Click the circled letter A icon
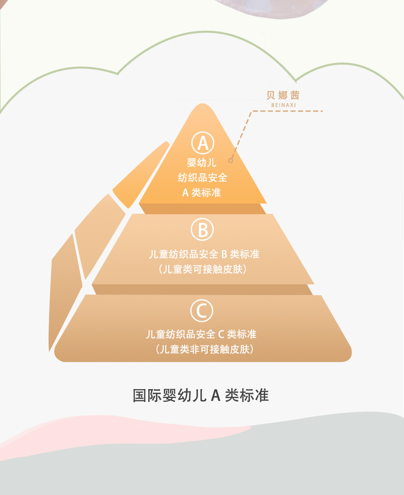(x=203, y=143)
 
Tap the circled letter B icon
(x=203, y=230)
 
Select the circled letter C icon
(x=202, y=310)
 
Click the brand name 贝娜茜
(x=283, y=95)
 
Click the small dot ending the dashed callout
(x=231, y=161)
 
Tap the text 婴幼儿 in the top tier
(x=203, y=163)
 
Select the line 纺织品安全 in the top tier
(x=203, y=178)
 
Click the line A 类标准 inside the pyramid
(x=203, y=193)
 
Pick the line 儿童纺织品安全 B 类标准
(x=203, y=254)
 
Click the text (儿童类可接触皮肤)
(x=203, y=269)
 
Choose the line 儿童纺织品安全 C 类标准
(x=201, y=334)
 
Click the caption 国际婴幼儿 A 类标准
(x=200, y=395)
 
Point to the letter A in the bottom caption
(x=215, y=395)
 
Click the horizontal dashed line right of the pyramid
(x=291, y=110)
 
